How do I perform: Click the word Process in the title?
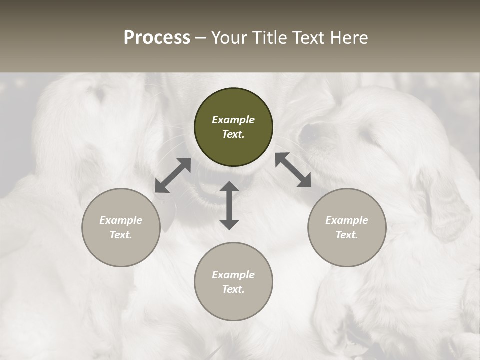[157, 38]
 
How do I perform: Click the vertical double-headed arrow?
[229, 205]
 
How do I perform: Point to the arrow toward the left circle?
[173, 175]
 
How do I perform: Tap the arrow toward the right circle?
[293, 170]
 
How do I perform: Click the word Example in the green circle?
[233, 120]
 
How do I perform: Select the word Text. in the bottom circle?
[233, 289]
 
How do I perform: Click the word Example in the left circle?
[121, 220]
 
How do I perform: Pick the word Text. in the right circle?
[347, 235]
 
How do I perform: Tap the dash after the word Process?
[201, 38]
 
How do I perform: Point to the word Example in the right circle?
[347, 220]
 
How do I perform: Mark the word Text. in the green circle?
[233, 134]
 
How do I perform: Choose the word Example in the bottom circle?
[233, 275]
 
